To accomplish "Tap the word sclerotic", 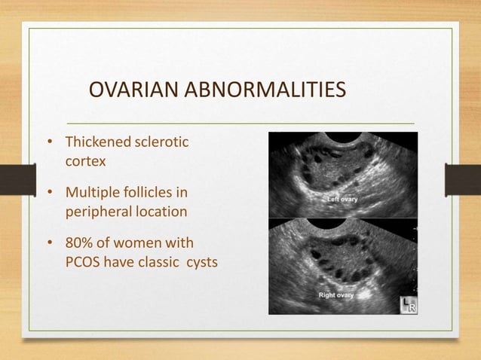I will (161, 142).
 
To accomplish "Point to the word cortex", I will (84, 161).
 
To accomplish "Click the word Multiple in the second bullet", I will (91, 193).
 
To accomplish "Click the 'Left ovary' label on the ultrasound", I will (342, 200).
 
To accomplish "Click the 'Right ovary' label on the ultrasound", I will (336, 295).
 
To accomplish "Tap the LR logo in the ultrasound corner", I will (408, 305).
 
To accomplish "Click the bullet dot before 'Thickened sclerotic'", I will (51, 143).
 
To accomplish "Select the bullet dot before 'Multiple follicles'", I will (51, 194).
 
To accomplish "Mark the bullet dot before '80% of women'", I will (51, 244).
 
